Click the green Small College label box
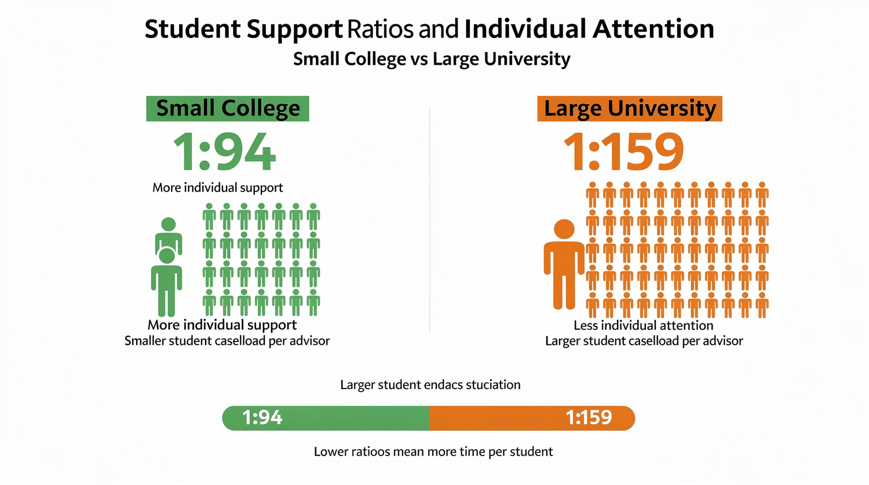tap(227, 109)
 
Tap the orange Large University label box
tap(630, 109)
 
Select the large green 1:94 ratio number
tap(224, 152)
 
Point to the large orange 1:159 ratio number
tap(623, 152)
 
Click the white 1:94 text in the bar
tap(262, 418)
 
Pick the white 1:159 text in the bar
tap(589, 418)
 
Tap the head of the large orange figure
tap(564, 229)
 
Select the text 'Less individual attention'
tap(643, 326)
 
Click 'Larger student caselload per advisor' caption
tap(644, 341)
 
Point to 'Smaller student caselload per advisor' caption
tap(227, 341)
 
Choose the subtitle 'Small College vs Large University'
tap(432, 59)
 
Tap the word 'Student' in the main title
tap(192, 29)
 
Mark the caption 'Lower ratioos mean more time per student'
tap(433, 451)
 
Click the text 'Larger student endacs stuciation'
tap(430, 385)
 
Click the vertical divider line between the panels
tap(430, 220)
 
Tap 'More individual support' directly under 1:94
tap(217, 188)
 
